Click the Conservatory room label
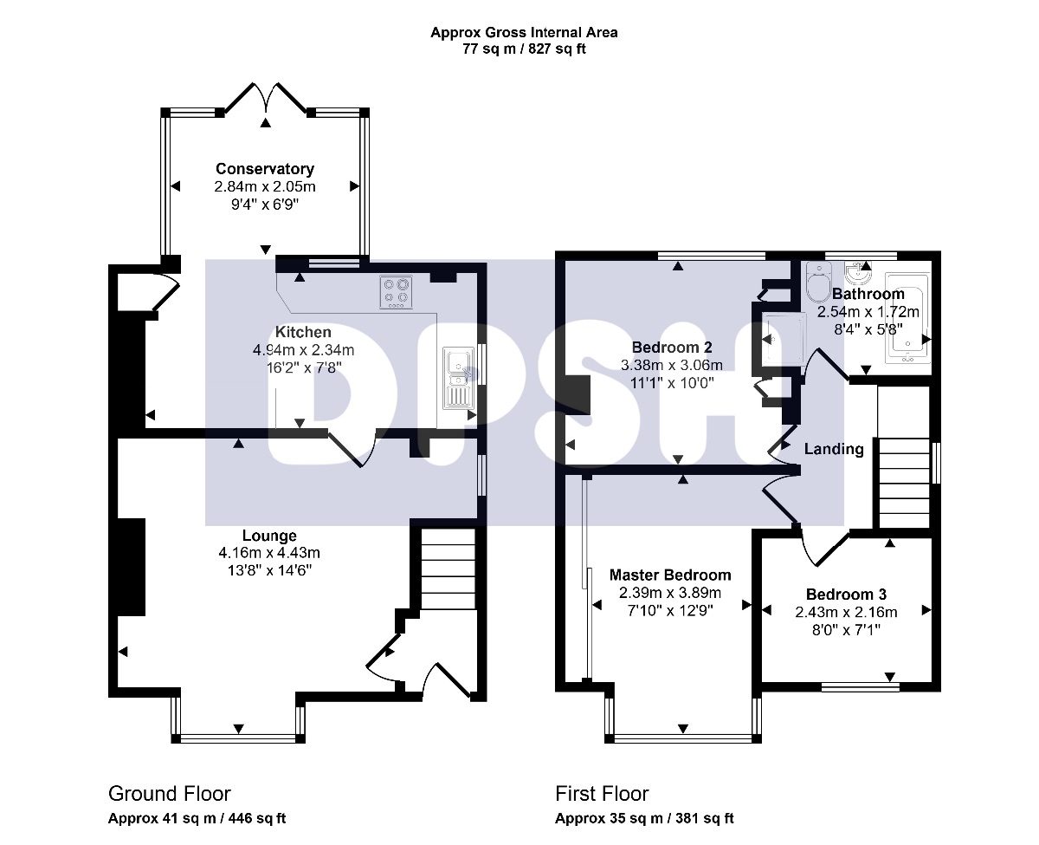click(x=265, y=169)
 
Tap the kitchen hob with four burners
click(x=396, y=292)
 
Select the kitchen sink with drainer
click(x=458, y=378)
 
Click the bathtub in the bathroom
click(x=907, y=318)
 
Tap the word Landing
click(x=834, y=449)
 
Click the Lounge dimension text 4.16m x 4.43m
click(x=269, y=553)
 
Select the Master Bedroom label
click(x=670, y=575)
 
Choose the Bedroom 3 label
click(x=846, y=594)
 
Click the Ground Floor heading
click(x=169, y=794)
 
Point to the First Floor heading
click(x=602, y=794)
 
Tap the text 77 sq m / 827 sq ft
click(x=524, y=49)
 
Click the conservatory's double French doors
click(x=265, y=99)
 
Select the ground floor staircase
click(x=448, y=569)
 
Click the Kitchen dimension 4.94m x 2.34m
click(x=303, y=349)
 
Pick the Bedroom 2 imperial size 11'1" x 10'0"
click(x=672, y=383)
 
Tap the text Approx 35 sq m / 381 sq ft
click(x=644, y=818)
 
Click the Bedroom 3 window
click(x=860, y=687)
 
